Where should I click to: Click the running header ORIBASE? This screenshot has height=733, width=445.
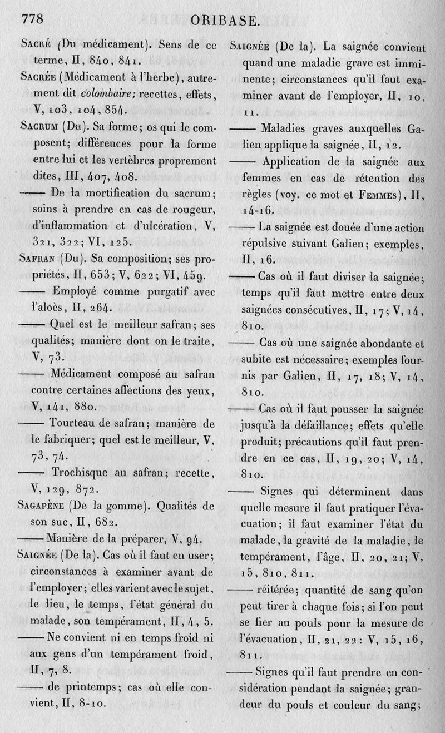(x=225, y=21)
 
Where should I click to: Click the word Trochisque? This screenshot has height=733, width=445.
(x=85, y=473)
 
